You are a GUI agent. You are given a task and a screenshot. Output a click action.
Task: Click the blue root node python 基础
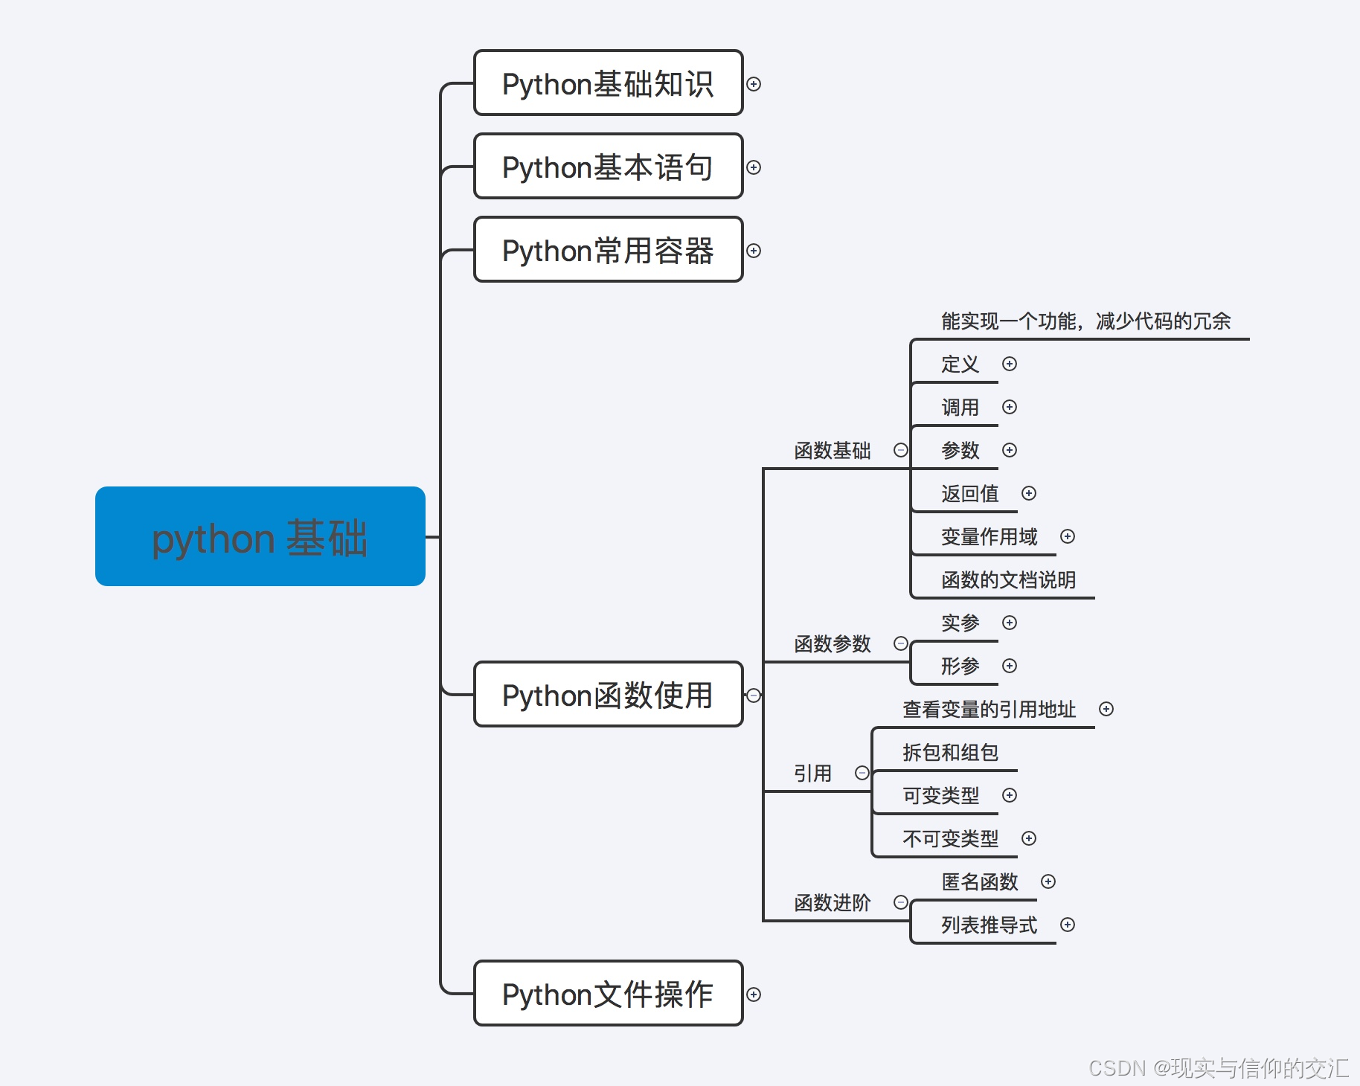[260, 536]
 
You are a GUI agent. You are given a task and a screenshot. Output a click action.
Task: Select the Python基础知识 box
[608, 83]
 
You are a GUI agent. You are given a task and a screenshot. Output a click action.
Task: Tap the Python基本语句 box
[608, 167]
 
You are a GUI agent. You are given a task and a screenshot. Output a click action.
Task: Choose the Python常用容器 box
[608, 250]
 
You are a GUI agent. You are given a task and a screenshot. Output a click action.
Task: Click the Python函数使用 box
[608, 695]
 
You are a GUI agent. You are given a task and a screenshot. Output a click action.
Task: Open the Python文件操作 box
[608, 994]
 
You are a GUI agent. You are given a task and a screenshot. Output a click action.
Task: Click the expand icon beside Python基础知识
[754, 84]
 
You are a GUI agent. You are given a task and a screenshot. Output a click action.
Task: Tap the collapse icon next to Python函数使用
[754, 695]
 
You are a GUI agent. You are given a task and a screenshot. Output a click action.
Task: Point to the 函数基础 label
[832, 451]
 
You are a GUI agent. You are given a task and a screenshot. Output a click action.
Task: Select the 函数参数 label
[832, 644]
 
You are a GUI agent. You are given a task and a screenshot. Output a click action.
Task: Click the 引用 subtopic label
[812, 774]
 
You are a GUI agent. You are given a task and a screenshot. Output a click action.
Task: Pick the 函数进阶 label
[832, 903]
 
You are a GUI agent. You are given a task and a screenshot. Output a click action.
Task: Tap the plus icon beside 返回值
[1029, 493]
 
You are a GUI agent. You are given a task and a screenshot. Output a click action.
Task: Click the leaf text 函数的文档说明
[1008, 580]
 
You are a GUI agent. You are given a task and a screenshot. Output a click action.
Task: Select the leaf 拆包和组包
[950, 753]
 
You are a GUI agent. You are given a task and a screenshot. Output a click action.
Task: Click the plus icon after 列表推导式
[1068, 925]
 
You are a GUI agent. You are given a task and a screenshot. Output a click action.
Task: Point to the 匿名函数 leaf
[979, 882]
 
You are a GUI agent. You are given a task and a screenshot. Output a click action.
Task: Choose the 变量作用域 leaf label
[989, 537]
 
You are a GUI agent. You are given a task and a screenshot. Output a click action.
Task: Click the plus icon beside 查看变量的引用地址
[1106, 709]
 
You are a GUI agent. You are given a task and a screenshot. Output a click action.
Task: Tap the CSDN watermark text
[1218, 1068]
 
